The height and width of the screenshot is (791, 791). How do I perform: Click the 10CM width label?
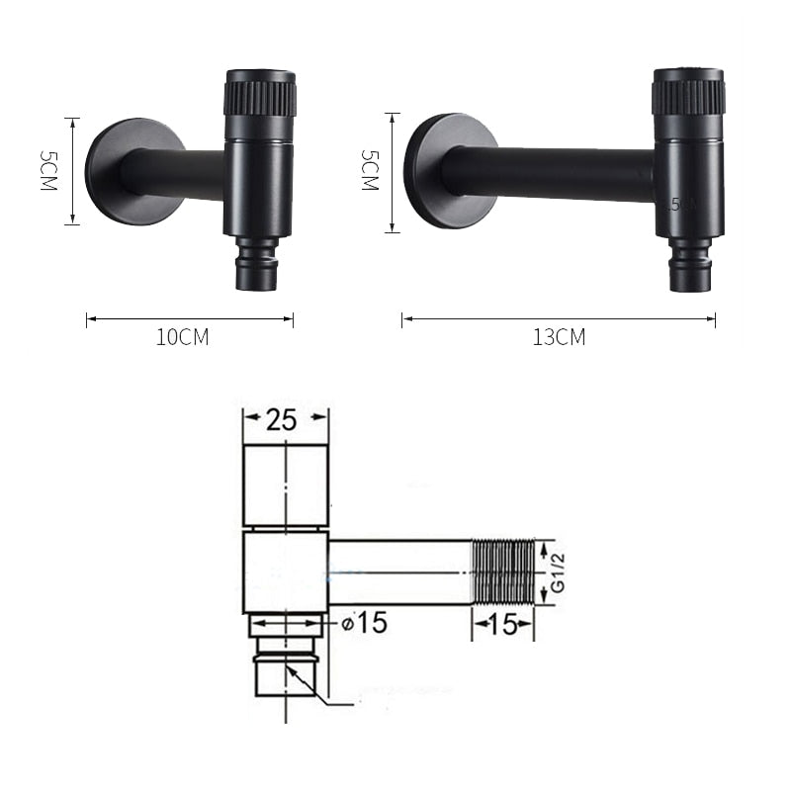point(183,337)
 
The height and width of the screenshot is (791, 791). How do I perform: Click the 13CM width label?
point(559,337)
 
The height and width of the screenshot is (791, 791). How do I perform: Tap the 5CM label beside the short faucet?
point(47,171)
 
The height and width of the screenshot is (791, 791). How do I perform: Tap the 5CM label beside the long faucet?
point(370,170)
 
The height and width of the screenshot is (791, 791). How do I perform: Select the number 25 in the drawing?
point(282,420)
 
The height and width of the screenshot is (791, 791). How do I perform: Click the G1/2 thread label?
point(559,571)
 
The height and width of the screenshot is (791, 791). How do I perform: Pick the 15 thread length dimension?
point(503,626)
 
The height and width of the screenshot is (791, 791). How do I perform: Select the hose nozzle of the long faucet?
point(689,267)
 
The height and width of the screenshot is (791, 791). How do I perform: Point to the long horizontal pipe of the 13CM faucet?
point(554,174)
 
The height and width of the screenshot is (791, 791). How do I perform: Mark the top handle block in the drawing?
point(286,485)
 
